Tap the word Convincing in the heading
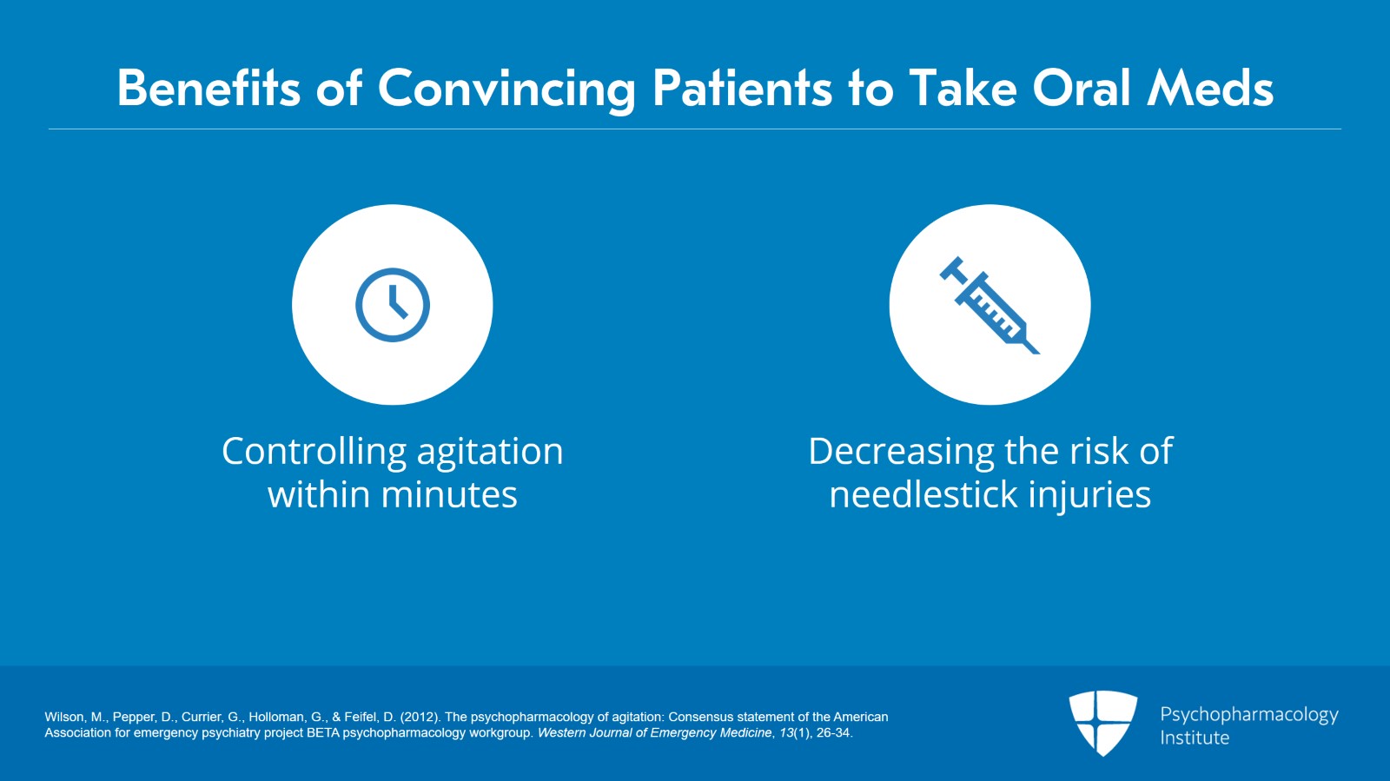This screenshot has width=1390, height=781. pos(507,91)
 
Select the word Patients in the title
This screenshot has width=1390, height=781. pos(742,88)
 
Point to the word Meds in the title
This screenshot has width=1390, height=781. pos(1211,88)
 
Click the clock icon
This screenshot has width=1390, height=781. pos(392,305)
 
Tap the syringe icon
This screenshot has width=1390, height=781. pos(990,305)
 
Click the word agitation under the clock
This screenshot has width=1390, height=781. pos(490,453)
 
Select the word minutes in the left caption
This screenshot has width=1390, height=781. pos(448,495)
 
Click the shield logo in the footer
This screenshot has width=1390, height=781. pos(1102,724)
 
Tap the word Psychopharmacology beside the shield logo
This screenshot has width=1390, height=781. pos(1249,715)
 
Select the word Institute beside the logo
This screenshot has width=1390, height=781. pos(1195,738)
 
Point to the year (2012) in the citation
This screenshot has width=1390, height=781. pos(420,717)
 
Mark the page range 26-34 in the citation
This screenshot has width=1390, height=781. pos(835,732)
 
